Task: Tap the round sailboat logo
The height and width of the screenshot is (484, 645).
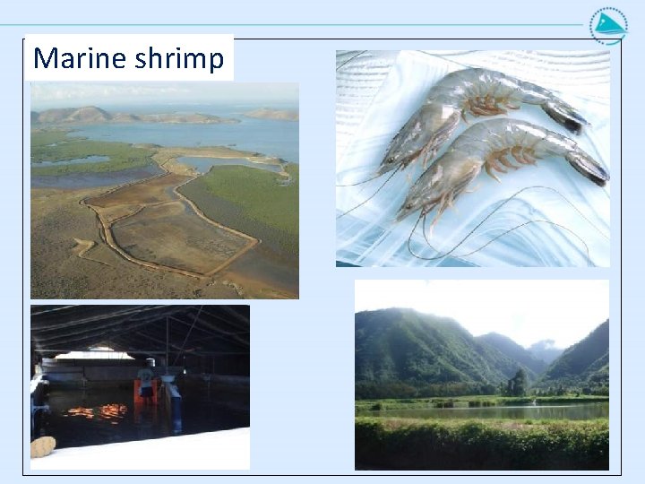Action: [608, 25]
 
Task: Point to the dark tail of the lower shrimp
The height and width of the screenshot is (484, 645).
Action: [588, 167]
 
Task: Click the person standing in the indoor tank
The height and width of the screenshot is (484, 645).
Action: [146, 381]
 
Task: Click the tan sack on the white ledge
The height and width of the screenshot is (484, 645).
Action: [42, 446]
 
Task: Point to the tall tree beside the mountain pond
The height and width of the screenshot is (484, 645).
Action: [518, 383]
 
